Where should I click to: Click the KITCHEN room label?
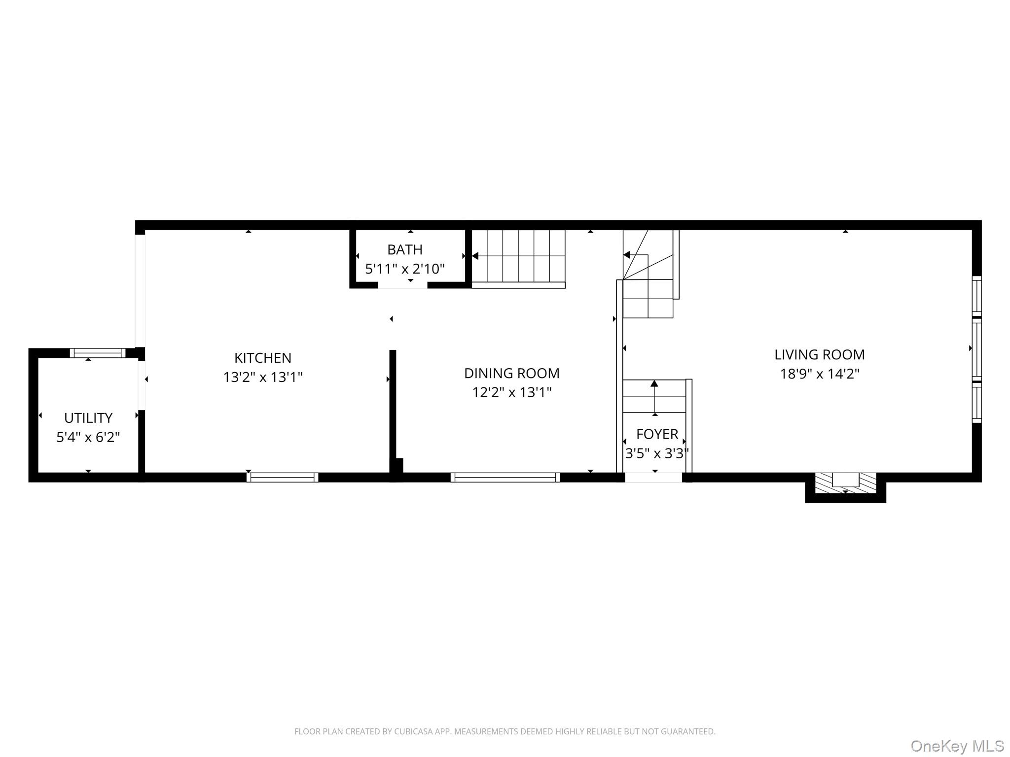pos(262,358)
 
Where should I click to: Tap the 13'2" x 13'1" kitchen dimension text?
pos(262,377)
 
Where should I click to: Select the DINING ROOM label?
pos(511,373)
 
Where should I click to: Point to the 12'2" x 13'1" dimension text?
pos(511,392)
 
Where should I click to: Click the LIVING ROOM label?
pos(819,354)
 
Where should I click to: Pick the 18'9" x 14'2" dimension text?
pos(819,374)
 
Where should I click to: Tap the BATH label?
pos(404,250)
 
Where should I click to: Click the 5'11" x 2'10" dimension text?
pos(404,269)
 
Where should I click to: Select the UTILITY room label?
pos(88,418)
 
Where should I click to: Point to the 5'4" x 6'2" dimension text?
pos(88,437)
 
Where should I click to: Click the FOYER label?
pos(657,434)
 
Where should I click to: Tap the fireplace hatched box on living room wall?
pos(845,483)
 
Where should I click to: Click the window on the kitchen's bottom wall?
pos(282,477)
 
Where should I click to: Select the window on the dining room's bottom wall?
pos(505,477)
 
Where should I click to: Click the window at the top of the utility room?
pos(97,353)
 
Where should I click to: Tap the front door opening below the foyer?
pos(653,477)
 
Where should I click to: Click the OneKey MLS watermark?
pos(957,746)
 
